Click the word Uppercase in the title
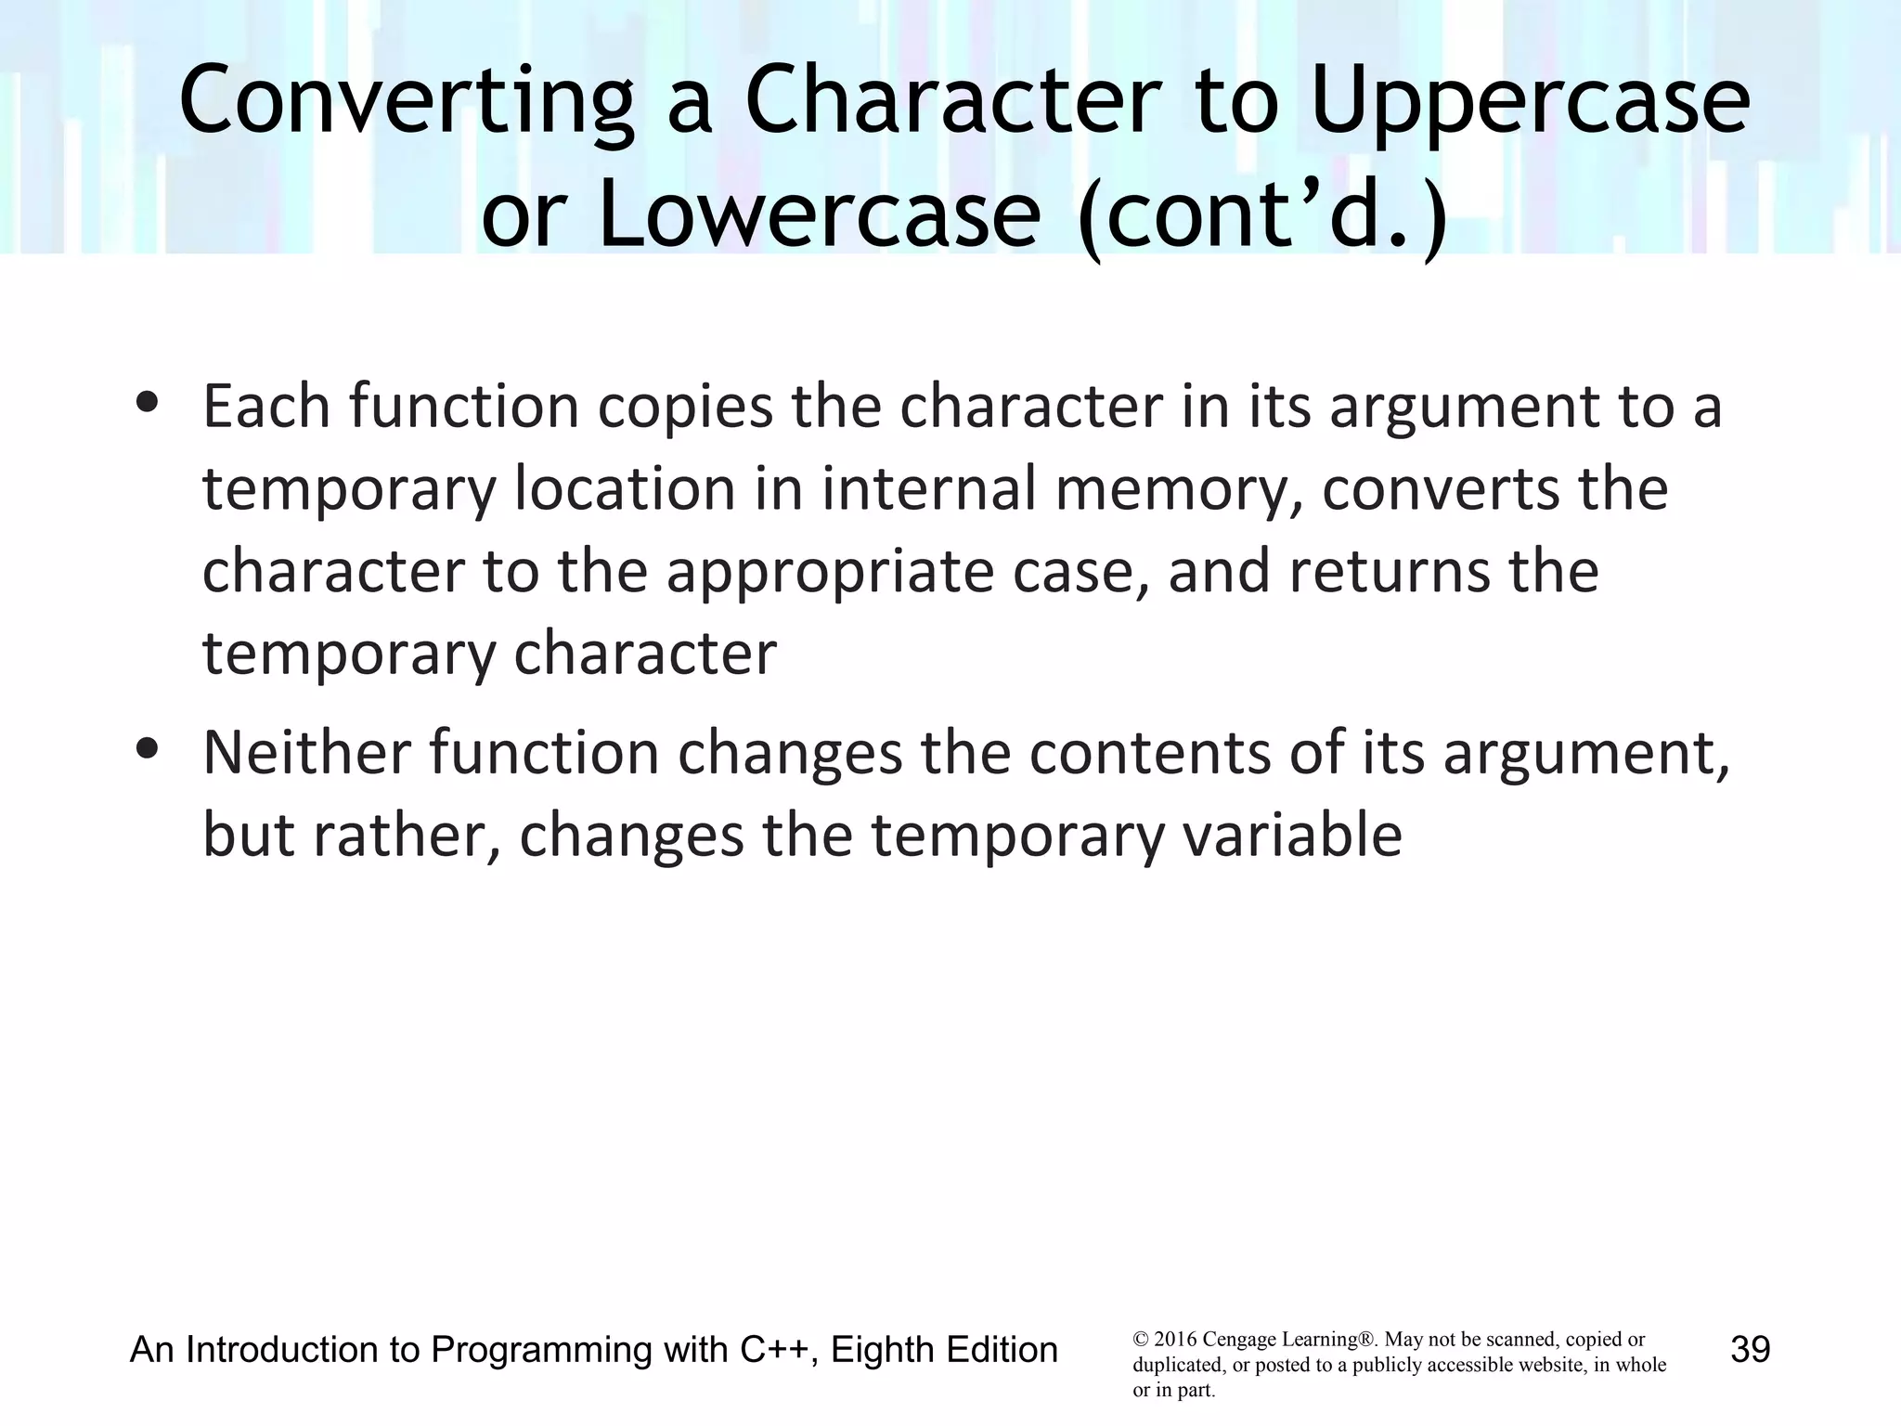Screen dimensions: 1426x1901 (x=1530, y=102)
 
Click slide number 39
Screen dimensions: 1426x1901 (x=1751, y=1350)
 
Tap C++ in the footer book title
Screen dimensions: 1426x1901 (x=778, y=1350)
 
